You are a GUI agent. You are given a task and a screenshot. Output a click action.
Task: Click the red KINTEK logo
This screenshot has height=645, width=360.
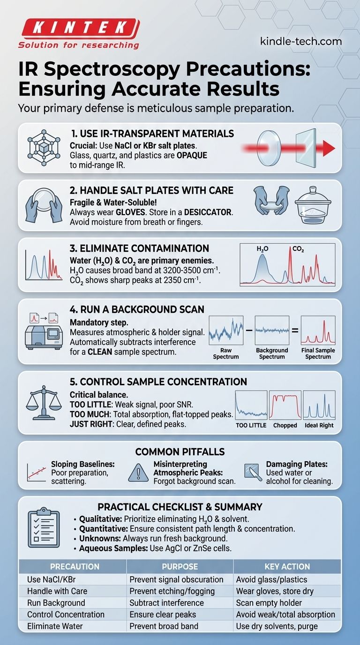(x=79, y=29)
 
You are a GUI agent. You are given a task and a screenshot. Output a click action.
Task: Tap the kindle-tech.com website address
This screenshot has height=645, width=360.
(x=301, y=41)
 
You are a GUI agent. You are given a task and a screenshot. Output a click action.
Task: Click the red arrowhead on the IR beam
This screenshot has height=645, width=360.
(x=329, y=148)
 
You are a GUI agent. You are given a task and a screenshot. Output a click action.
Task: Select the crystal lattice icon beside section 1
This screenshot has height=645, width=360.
(x=44, y=148)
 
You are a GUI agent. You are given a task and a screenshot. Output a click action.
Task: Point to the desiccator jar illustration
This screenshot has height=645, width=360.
(x=313, y=205)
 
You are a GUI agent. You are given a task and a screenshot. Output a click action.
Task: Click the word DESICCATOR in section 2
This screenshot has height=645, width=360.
(x=208, y=212)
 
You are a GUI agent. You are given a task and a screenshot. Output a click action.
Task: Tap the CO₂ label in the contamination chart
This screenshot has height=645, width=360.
(x=298, y=249)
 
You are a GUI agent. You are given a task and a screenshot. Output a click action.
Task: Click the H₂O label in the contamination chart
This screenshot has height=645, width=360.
(x=262, y=249)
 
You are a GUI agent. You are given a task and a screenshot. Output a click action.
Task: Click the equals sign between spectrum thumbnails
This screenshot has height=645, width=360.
(x=295, y=330)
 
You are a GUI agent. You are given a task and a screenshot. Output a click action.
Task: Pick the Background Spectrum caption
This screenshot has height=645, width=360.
(x=272, y=353)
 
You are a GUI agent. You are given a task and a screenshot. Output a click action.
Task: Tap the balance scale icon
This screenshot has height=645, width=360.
(x=44, y=403)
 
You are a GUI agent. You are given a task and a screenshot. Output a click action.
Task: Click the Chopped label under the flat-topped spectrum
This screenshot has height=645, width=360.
(x=285, y=425)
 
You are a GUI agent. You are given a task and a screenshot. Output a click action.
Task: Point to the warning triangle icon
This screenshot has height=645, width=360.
(x=138, y=472)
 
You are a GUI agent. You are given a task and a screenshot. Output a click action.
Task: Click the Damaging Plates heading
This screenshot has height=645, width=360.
(x=297, y=464)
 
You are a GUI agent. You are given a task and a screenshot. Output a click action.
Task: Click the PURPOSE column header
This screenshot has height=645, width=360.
(x=180, y=566)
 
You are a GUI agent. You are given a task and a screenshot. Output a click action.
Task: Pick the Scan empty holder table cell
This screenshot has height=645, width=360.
(x=269, y=603)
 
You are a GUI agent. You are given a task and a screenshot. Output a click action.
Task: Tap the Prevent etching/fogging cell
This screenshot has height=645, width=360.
(x=172, y=591)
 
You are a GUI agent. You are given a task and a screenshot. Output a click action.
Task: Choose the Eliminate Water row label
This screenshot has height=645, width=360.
(x=55, y=626)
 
